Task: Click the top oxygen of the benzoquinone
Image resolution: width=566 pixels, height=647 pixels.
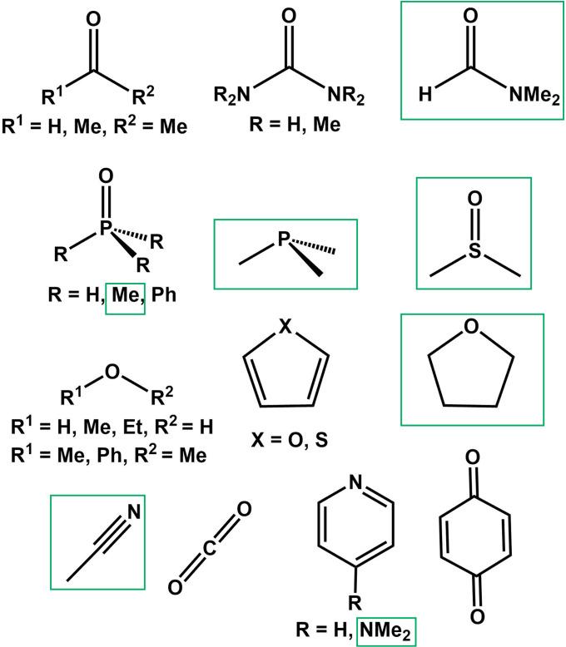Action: [474, 481]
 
